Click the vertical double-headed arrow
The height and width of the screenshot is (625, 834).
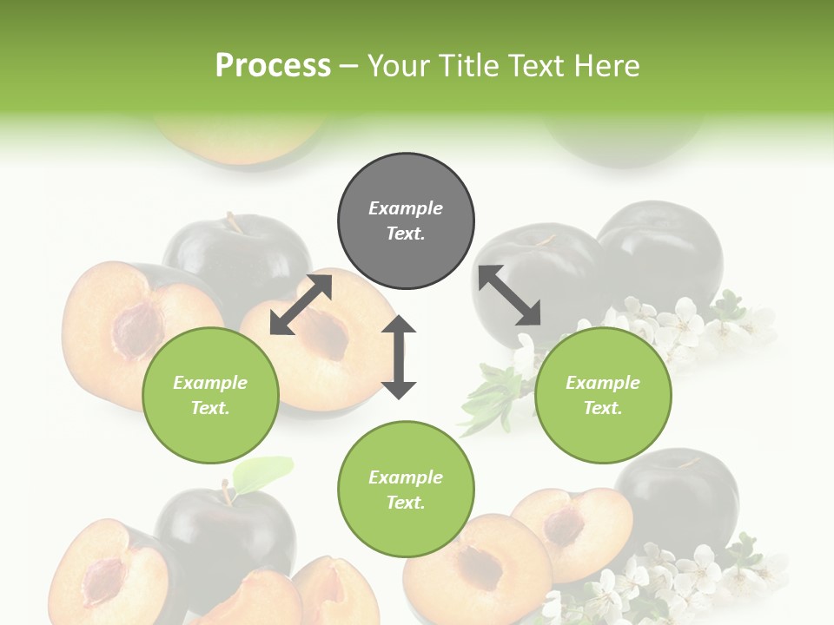pyautogui.click(x=399, y=357)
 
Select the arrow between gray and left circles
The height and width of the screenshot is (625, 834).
pyautogui.click(x=301, y=304)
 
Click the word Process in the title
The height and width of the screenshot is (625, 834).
pyautogui.click(x=273, y=65)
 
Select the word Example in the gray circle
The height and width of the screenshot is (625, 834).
pyautogui.click(x=406, y=208)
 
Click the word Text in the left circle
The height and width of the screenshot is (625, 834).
pyautogui.click(x=209, y=408)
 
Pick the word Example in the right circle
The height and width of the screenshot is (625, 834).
pyautogui.click(x=603, y=383)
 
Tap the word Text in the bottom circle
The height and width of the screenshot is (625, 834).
pyautogui.click(x=405, y=503)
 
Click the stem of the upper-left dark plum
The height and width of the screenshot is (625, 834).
pyautogui.click(x=233, y=222)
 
